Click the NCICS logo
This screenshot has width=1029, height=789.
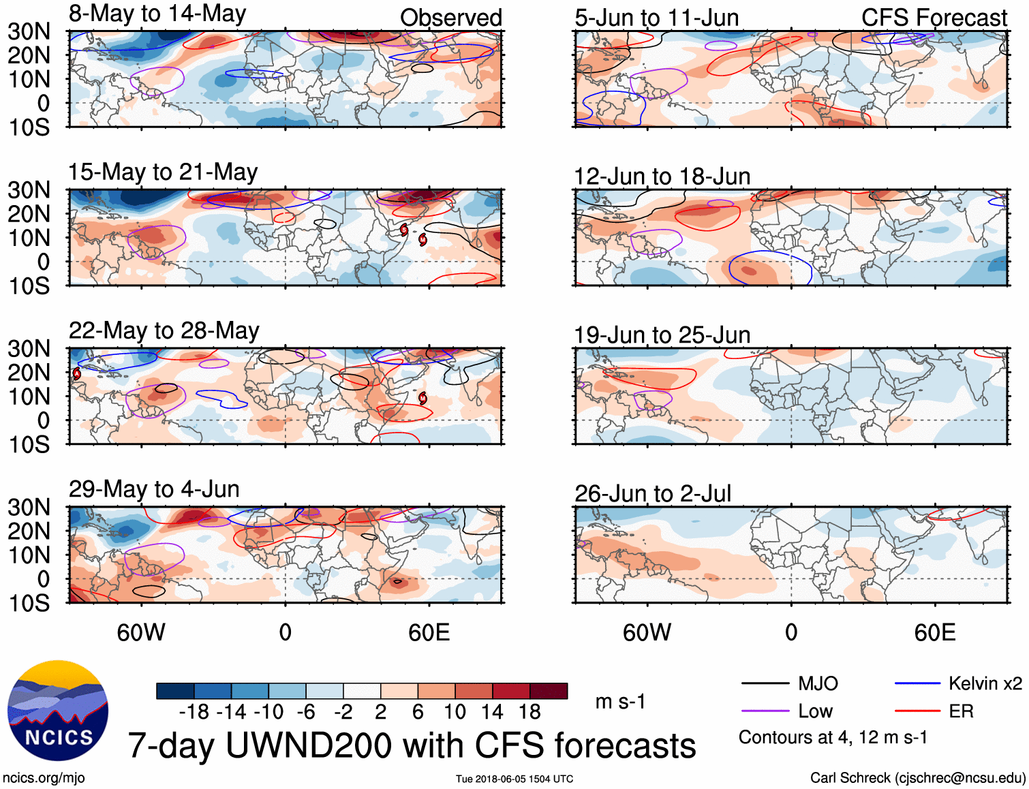[x=58, y=711]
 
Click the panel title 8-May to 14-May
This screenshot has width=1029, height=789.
[x=157, y=14]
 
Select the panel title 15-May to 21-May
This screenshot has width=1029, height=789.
[x=162, y=172]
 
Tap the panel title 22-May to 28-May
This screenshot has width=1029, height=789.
[x=164, y=330]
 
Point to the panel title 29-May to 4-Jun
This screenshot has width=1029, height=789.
[x=154, y=489]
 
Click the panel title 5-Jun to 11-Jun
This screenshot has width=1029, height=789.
[x=656, y=18]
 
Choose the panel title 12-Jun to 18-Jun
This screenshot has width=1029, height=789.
[x=662, y=176]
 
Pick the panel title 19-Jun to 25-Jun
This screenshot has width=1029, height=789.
[x=662, y=335]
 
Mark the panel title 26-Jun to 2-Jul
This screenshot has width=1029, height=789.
[x=652, y=494]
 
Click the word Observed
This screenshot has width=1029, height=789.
[x=450, y=18]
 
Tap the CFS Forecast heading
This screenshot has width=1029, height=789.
[x=934, y=18]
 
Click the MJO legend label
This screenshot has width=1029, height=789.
[x=818, y=683]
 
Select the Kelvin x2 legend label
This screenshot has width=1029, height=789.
[x=985, y=683]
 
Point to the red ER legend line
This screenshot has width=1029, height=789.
[x=917, y=711]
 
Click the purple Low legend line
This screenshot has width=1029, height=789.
[x=765, y=711]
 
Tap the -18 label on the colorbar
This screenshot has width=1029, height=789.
[x=194, y=712]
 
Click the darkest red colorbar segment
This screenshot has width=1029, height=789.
[x=549, y=691]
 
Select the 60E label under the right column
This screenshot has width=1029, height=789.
[x=934, y=632]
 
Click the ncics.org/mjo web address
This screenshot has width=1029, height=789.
[x=44, y=778]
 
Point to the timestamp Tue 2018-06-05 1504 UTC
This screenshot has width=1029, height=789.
[x=514, y=779]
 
